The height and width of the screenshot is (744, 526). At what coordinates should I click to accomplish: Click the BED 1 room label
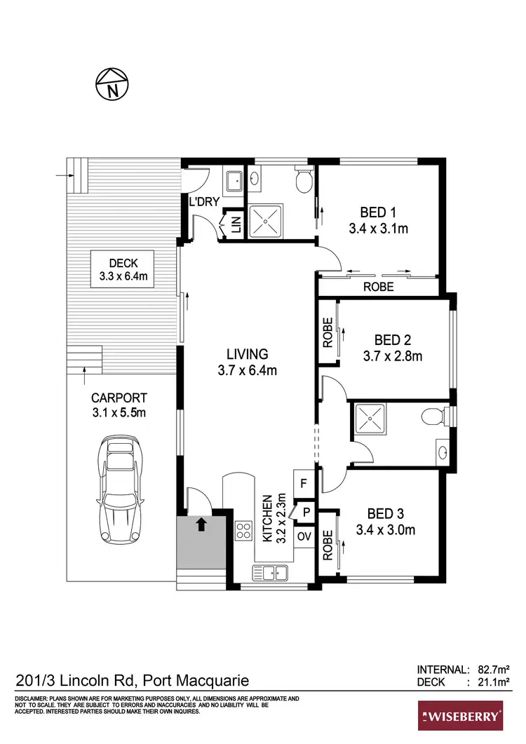[x=378, y=219]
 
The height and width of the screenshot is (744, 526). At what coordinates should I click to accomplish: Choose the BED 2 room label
[x=392, y=348]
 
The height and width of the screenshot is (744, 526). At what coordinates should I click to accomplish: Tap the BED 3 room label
[x=384, y=522]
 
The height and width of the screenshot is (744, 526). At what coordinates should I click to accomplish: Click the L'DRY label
[x=205, y=202]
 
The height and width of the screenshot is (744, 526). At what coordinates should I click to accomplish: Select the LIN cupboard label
[x=236, y=225]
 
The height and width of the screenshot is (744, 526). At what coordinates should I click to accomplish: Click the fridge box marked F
[x=304, y=483]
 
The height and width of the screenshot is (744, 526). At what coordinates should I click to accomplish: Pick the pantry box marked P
[x=306, y=513]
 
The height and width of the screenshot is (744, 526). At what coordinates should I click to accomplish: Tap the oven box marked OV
[x=304, y=536]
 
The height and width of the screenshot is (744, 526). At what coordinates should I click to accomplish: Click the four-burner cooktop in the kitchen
[x=244, y=530]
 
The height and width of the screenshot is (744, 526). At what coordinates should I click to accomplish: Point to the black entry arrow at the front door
[x=202, y=523]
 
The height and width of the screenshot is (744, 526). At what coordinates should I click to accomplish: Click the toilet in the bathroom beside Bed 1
[x=303, y=182]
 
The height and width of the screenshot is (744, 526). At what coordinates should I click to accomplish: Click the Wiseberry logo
[x=460, y=716]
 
